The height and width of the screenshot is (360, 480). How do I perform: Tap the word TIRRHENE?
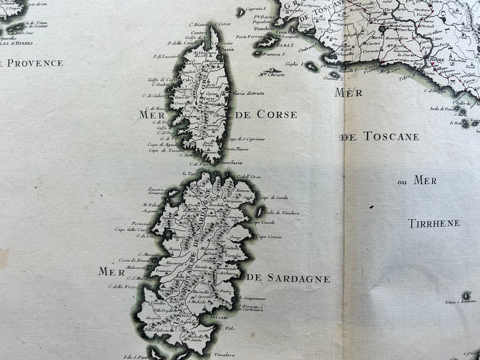(434, 223)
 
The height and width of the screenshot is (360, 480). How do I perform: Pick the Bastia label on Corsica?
(227, 49)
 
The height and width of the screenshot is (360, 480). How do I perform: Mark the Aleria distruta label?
(249, 94)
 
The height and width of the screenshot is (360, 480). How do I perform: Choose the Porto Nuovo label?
(237, 149)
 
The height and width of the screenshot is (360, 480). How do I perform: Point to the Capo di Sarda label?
(274, 197)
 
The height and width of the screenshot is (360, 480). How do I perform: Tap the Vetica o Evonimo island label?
(463, 301)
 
